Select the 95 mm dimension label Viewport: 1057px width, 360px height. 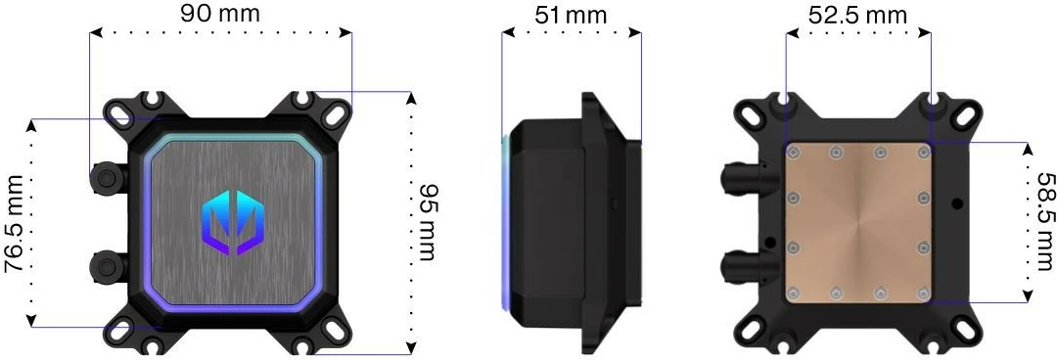428,223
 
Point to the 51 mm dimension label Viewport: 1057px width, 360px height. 571,15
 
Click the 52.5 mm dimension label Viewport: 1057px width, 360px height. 856,15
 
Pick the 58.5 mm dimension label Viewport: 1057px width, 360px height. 1043,222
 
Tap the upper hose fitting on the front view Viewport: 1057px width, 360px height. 103,177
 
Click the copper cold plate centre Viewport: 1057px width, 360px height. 858,223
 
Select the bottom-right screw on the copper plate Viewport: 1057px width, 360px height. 922,292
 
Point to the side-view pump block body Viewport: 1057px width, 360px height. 548,223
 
